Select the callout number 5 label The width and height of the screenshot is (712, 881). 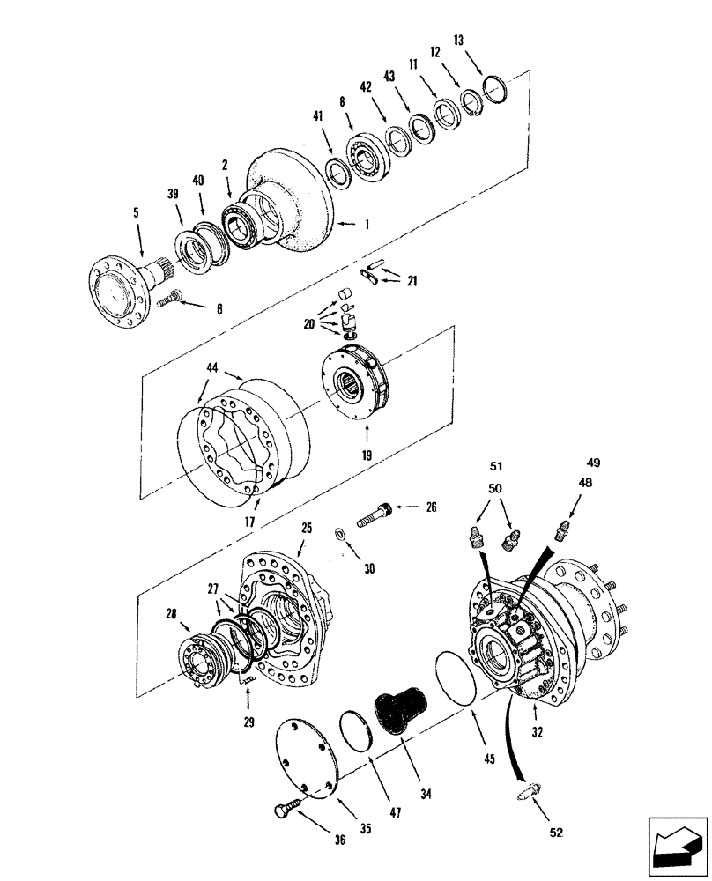(x=136, y=212)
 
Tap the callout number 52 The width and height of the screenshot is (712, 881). (x=557, y=831)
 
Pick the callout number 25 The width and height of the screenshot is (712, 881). (x=306, y=529)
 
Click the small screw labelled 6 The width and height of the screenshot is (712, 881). (x=170, y=300)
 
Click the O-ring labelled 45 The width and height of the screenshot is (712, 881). (x=456, y=675)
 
